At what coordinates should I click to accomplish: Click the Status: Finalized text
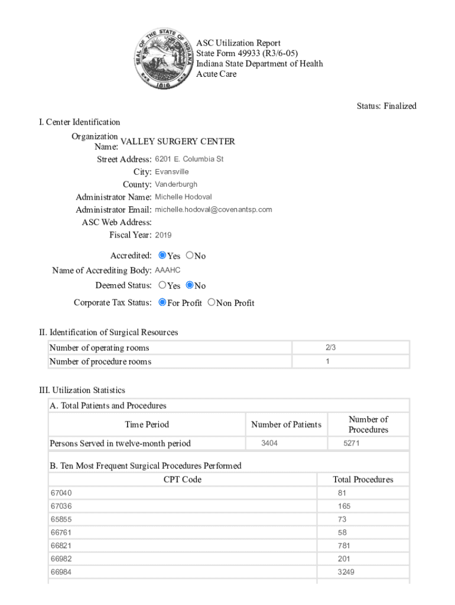(x=386, y=106)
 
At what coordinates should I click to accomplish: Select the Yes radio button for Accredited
(x=162, y=256)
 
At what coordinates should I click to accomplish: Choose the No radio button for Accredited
(x=190, y=256)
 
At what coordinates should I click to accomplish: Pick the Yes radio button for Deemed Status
(x=162, y=285)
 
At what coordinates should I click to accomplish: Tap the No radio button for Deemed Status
(x=190, y=285)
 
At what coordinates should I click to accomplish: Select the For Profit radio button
(x=162, y=302)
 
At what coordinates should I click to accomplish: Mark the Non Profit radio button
(x=212, y=302)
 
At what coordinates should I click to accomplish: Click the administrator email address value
(x=213, y=210)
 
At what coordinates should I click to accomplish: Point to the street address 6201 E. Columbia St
(x=189, y=160)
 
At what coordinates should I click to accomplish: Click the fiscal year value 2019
(x=163, y=235)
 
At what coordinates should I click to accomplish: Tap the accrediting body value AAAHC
(x=168, y=271)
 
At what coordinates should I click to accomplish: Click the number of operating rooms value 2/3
(x=330, y=347)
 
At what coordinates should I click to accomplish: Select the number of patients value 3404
(x=269, y=443)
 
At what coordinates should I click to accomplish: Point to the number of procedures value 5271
(x=352, y=443)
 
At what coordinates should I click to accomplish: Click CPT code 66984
(x=61, y=572)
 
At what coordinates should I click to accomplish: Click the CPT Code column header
(x=182, y=480)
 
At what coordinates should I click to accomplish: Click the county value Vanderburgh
(x=176, y=184)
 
